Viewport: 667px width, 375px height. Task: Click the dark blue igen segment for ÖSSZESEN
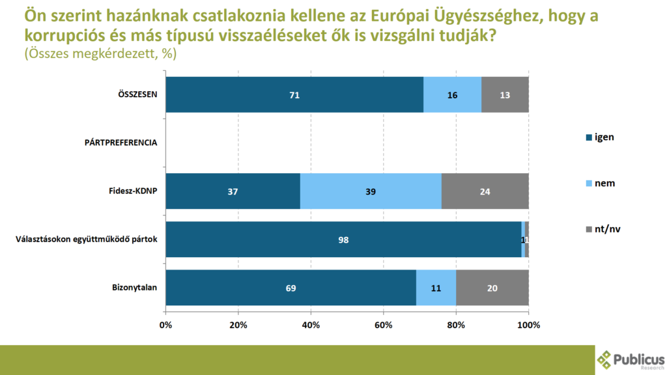click(294, 94)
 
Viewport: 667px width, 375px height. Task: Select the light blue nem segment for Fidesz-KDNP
click(371, 191)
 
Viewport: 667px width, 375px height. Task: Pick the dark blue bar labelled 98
click(344, 240)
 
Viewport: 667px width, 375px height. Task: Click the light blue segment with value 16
click(453, 94)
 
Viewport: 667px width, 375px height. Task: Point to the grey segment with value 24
click(485, 191)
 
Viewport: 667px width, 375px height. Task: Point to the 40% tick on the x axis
click(311, 325)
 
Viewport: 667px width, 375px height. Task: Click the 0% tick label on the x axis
click(166, 325)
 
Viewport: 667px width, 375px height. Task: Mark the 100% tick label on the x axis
click(528, 325)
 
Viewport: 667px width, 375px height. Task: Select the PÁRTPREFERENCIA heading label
click(121, 143)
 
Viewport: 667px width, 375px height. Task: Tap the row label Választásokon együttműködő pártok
click(86, 240)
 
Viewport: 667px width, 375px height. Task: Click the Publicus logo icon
click(605, 359)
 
